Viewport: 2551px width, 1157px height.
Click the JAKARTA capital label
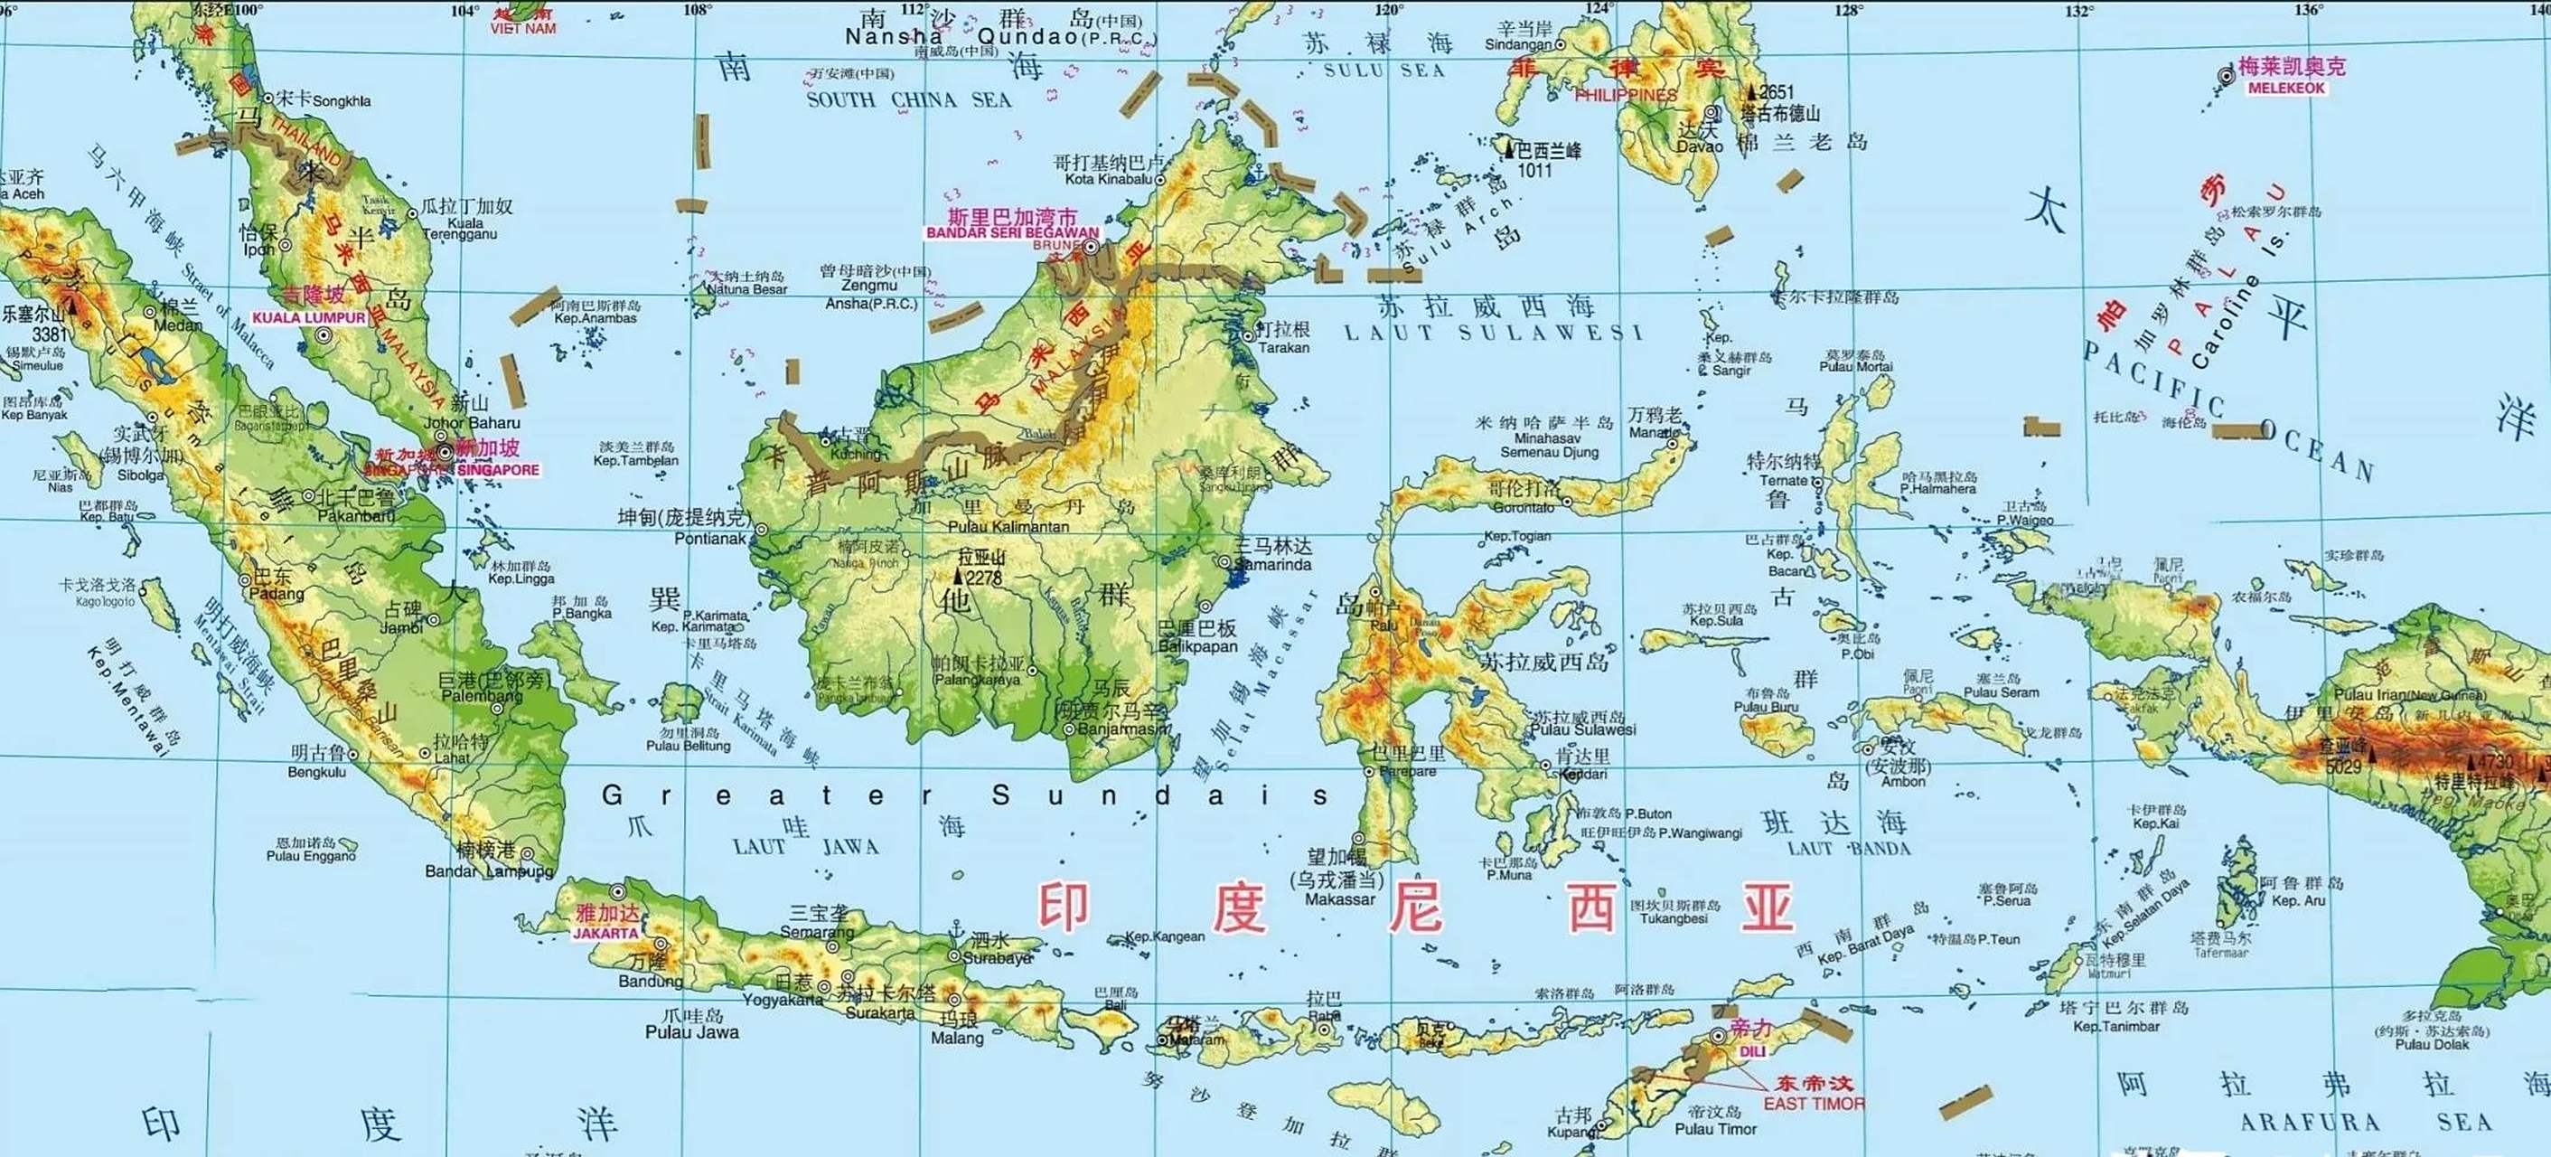click(606, 933)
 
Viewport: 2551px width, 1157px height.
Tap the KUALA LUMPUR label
click(309, 318)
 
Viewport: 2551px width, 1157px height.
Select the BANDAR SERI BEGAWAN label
click(1012, 233)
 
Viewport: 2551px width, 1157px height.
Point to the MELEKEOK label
click(2286, 89)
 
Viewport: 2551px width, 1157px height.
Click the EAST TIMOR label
click(1814, 1104)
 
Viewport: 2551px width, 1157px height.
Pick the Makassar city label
click(1340, 899)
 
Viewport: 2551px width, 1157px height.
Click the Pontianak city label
click(710, 539)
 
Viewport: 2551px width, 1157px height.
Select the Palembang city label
click(481, 696)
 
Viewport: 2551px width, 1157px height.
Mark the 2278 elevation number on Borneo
click(983, 578)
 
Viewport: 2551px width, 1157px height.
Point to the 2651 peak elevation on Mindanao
click(1777, 92)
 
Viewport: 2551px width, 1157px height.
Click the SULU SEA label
click(1384, 71)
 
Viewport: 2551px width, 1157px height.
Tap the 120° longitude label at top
click(1388, 10)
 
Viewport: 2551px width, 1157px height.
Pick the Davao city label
click(1700, 146)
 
